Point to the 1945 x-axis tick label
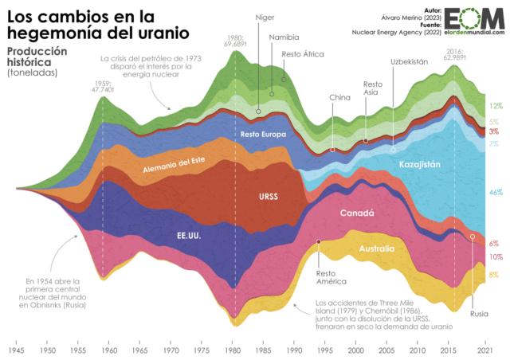pyautogui.click(x=17, y=350)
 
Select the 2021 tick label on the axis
pyautogui.click(x=483, y=350)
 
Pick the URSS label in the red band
pyautogui.click(x=270, y=196)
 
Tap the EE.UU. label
pyautogui.click(x=188, y=237)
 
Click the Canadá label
pyautogui.click(x=358, y=213)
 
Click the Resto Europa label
pyautogui.click(x=262, y=134)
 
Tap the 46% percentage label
pyautogui.click(x=495, y=193)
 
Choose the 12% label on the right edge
pyautogui.click(x=496, y=105)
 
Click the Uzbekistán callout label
pyautogui.click(x=409, y=61)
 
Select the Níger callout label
pyautogui.click(x=265, y=18)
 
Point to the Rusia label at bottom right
pyautogui.click(x=480, y=313)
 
